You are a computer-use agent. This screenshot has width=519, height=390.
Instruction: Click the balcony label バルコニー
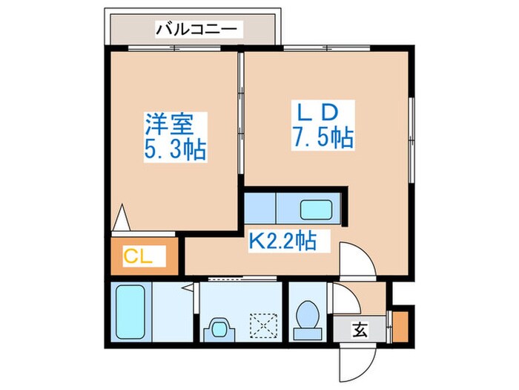pyautogui.click(x=196, y=30)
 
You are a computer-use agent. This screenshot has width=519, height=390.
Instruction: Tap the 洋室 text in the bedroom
pyautogui.click(x=163, y=122)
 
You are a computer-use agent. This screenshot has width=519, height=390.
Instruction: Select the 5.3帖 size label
pyautogui.click(x=175, y=151)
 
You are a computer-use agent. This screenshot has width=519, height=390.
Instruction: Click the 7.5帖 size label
pyautogui.click(x=320, y=138)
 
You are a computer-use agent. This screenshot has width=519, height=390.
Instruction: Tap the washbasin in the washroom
pyautogui.click(x=219, y=327)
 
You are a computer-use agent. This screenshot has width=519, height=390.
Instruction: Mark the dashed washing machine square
pyautogui.click(x=262, y=325)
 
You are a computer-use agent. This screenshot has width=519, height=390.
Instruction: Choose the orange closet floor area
pyautogui.click(x=141, y=257)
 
